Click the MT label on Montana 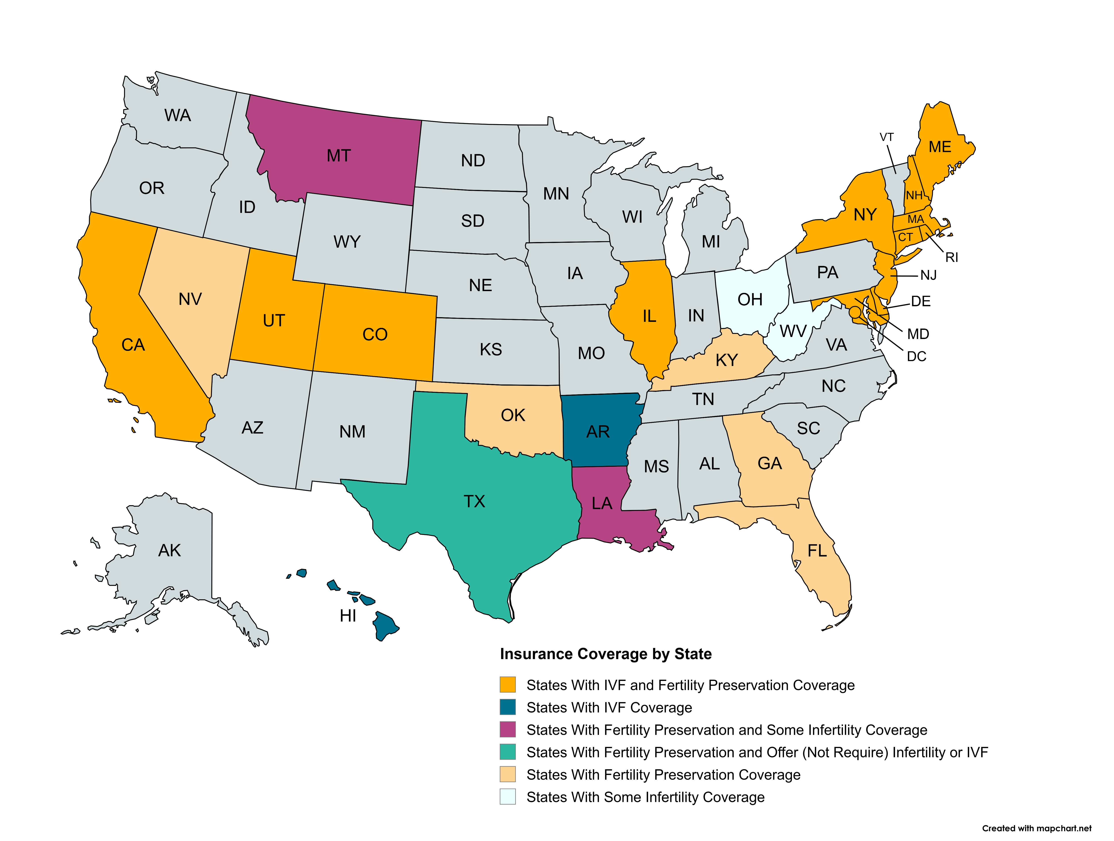click(x=338, y=156)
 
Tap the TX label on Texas click(x=474, y=501)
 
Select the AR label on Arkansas click(x=598, y=432)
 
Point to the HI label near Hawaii click(x=348, y=616)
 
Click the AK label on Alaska click(x=169, y=550)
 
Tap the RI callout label click(x=951, y=257)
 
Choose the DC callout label click(x=917, y=357)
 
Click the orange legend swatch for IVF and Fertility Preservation click(x=508, y=685)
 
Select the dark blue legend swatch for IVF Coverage click(x=508, y=707)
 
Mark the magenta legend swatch click(x=508, y=730)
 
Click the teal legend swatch click(x=508, y=752)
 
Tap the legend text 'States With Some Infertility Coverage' click(x=645, y=797)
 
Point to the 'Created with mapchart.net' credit click(x=1036, y=828)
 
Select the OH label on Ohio click(x=750, y=300)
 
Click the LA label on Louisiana click(x=602, y=503)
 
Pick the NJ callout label click(x=928, y=275)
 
